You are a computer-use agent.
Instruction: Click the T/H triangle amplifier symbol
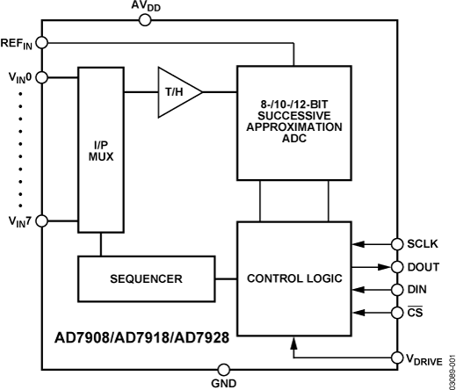178,90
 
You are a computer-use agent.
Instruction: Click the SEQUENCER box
146,278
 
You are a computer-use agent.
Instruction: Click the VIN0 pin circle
43,76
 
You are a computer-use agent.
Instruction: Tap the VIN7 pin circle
43,220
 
